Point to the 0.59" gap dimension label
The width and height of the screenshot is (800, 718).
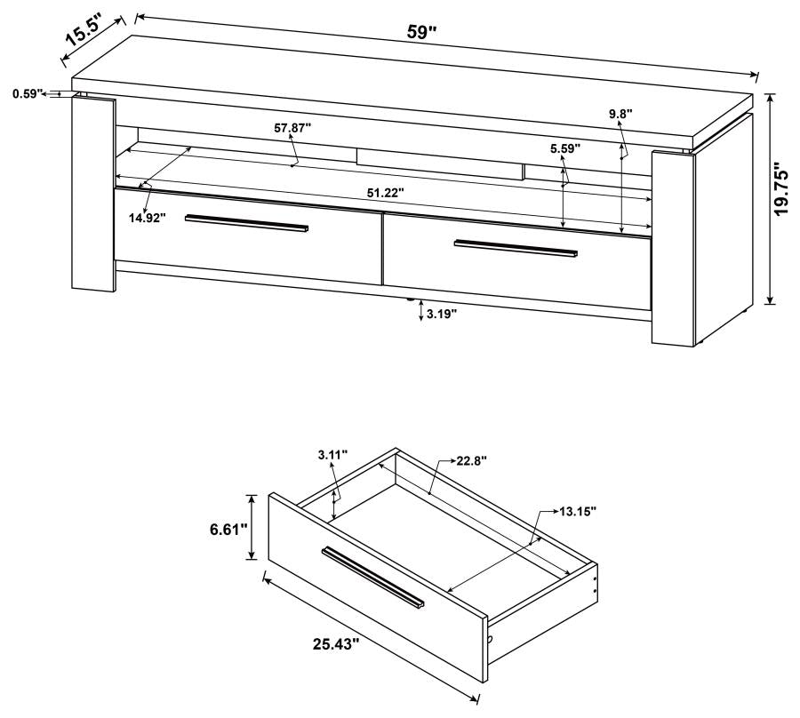pyautogui.click(x=28, y=92)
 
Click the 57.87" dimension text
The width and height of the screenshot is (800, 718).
pyautogui.click(x=292, y=128)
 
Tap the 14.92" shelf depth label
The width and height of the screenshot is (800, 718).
pyautogui.click(x=147, y=218)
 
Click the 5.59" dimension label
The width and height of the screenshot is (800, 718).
pyautogui.click(x=564, y=148)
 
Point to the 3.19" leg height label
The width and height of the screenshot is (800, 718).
pyautogui.click(x=442, y=314)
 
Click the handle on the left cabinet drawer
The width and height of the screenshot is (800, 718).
pyautogui.click(x=247, y=226)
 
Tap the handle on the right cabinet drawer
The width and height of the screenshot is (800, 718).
pyautogui.click(x=516, y=248)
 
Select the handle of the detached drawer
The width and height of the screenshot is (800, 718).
pyautogui.click(x=373, y=578)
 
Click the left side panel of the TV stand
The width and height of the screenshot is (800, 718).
pyautogui.click(x=92, y=194)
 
